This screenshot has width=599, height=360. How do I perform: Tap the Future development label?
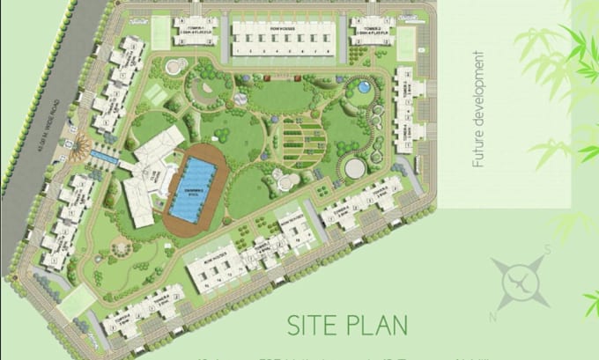[x=478, y=110]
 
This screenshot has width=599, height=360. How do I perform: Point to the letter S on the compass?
[x=547, y=249]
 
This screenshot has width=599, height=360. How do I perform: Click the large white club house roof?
[x=151, y=172]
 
